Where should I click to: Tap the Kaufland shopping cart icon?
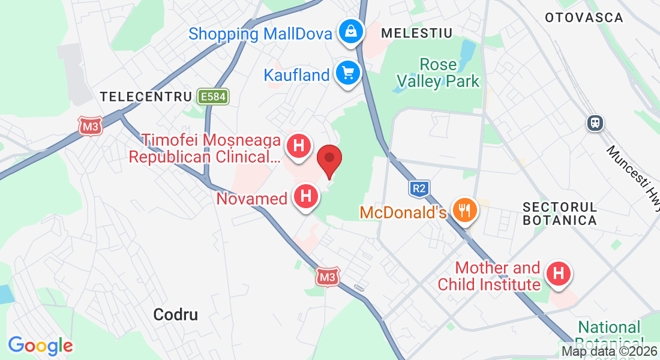click(348, 73)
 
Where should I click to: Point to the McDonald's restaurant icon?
click(464, 210)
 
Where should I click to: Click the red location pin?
click(329, 160)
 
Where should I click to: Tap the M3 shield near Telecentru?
click(91, 126)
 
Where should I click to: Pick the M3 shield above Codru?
click(327, 277)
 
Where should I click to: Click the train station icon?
click(595, 123)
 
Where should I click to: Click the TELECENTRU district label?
click(146, 97)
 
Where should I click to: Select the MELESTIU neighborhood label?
click(416, 32)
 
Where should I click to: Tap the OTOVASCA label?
click(584, 17)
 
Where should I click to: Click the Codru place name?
click(175, 314)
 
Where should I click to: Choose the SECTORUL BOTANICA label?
click(559, 214)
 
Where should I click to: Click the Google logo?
click(40, 346)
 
